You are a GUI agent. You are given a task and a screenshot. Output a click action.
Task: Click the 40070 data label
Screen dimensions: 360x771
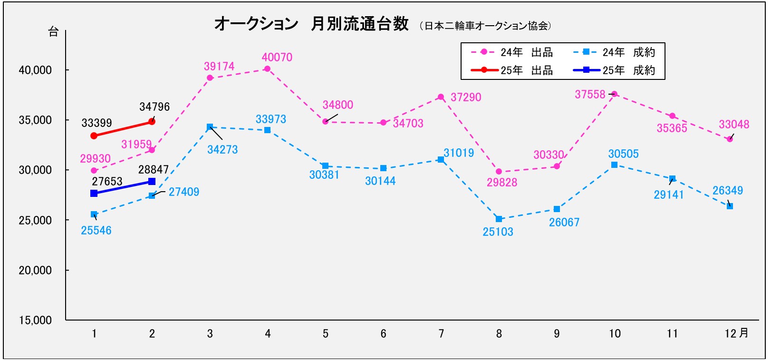coord(277,58)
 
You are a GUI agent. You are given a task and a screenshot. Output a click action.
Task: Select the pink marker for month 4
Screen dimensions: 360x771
coord(268,69)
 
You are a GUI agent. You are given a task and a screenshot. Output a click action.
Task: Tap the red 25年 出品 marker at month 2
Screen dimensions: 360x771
coord(152,121)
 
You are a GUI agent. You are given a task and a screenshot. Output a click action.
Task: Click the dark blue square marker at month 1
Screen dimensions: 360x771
coord(94,193)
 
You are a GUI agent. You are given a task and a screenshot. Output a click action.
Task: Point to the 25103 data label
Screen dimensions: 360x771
coord(498,232)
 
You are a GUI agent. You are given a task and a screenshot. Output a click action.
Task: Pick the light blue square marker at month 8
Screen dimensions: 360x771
coord(499,219)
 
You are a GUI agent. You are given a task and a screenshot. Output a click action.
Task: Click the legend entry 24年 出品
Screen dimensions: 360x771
coord(512,52)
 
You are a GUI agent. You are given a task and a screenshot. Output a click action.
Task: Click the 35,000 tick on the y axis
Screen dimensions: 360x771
coord(35,120)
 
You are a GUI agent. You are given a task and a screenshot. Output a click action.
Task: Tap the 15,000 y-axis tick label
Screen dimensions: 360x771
coord(35,321)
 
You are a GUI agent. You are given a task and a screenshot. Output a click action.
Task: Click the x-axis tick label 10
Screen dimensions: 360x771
coord(615,334)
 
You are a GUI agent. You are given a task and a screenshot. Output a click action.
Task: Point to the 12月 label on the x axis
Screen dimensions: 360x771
coord(736,333)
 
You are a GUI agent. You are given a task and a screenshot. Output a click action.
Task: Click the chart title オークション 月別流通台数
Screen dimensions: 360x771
coord(311,24)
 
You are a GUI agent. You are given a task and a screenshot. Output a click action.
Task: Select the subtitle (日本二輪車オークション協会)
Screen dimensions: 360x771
coord(485,26)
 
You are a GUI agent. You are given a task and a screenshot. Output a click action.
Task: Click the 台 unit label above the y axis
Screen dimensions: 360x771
coord(53,32)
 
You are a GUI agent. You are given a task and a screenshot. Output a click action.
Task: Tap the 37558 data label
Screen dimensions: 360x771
coord(590,95)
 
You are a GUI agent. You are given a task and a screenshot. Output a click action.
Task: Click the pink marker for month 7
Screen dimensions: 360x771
coord(441,97)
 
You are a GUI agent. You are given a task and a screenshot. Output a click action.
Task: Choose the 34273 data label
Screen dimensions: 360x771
coord(222,150)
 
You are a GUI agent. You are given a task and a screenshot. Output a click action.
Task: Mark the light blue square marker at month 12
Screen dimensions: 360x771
coord(730,206)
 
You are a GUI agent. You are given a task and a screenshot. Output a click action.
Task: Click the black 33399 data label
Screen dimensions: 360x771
coord(96,123)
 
